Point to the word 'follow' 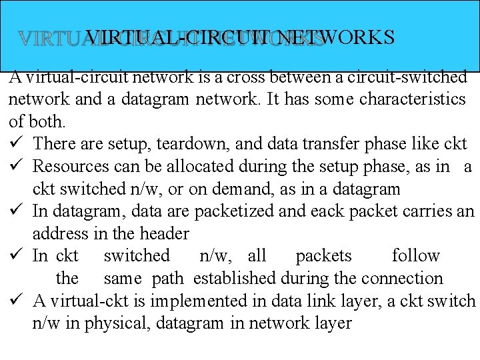pyautogui.click(x=416, y=256)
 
